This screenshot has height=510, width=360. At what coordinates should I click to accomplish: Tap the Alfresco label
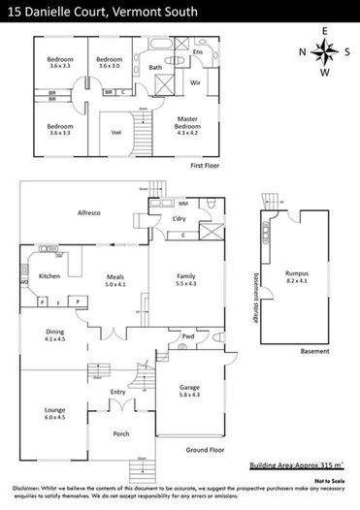coord(90,212)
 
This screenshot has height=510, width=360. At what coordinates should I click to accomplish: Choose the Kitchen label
coord(50,276)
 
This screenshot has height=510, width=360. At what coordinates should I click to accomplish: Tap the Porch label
coord(121,433)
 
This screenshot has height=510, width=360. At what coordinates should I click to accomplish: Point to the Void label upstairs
coord(115,132)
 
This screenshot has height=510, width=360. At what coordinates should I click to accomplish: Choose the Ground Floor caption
coord(206,450)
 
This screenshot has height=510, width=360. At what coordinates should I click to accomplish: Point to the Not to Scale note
coord(332,480)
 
